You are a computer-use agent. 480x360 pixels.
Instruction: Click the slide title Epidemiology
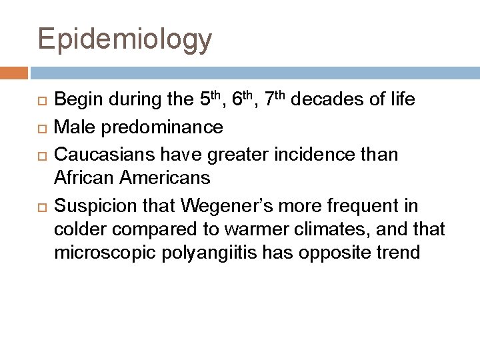click(x=125, y=40)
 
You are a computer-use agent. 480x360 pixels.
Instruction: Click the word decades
click(x=325, y=101)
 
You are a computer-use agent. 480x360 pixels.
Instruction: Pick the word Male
click(x=71, y=126)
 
